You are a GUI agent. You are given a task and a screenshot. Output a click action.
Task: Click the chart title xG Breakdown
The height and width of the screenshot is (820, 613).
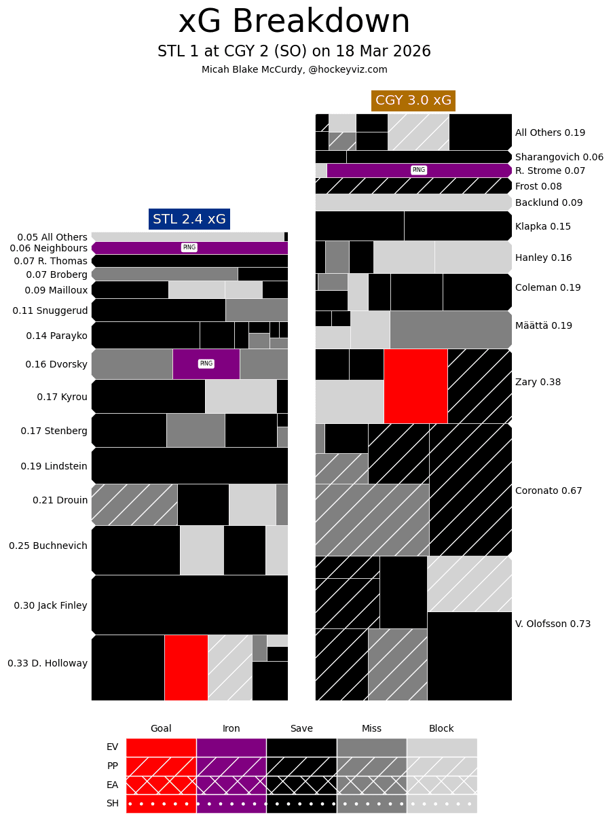pyautogui.click(x=294, y=22)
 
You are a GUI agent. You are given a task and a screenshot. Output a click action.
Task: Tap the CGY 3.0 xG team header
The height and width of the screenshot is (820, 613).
pyautogui.click(x=413, y=101)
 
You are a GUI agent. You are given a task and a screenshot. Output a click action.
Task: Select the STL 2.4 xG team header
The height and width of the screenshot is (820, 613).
pyautogui.click(x=189, y=219)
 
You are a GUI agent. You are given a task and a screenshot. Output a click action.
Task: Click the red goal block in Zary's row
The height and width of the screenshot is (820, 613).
pyautogui.click(x=415, y=386)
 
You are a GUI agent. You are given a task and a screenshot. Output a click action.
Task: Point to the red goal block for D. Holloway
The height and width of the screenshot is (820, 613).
pyautogui.click(x=186, y=667)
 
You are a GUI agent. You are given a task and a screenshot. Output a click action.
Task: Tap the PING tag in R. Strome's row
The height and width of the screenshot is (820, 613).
pyautogui.click(x=419, y=170)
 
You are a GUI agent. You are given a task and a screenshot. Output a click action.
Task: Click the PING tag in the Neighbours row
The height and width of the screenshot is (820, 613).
pyautogui.click(x=189, y=247)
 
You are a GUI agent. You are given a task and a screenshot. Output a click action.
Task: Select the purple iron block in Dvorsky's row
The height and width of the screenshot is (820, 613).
pyautogui.click(x=206, y=363)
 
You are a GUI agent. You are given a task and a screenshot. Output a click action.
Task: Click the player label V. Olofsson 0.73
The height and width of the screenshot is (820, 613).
pyautogui.click(x=553, y=624)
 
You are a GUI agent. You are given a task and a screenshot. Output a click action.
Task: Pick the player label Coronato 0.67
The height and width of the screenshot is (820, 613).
pyautogui.click(x=549, y=491)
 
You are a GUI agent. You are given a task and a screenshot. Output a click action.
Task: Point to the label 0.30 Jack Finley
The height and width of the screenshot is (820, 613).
pyautogui.click(x=50, y=605)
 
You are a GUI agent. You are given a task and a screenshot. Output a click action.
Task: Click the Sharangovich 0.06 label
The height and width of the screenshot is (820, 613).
pyautogui.click(x=559, y=157)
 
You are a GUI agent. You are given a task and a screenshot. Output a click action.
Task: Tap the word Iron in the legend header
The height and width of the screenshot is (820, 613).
pyautogui.click(x=231, y=728)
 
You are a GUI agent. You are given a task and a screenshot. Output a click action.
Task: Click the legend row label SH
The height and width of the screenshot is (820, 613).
pyautogui.click(x=112, y=803)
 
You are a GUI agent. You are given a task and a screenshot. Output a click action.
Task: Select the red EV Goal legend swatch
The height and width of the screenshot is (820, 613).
pyautogui.click(x=161, y=747)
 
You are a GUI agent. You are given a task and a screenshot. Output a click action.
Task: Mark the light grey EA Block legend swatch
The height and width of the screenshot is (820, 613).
pyautogui.click(x=441, y=785)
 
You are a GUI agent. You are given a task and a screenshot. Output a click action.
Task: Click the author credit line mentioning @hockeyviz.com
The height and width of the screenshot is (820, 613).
pyautogui.click(x=294, y=69)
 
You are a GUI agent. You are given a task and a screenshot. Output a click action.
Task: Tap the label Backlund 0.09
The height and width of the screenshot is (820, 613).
pyautogui.click(x=549, y=202)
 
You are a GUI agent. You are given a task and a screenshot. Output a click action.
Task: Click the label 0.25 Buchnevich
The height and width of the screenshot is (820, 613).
pyautogui.click(x=48, y=546)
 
